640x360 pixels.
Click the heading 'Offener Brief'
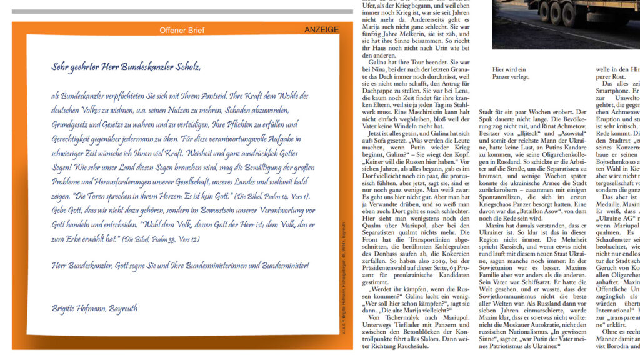click(x=181, y=30)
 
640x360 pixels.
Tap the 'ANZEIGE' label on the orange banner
click(x=321, y=30)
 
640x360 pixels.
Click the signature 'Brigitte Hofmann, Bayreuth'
click(x=94, y=308)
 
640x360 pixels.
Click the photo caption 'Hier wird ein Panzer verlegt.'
click(x=511, y=73)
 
